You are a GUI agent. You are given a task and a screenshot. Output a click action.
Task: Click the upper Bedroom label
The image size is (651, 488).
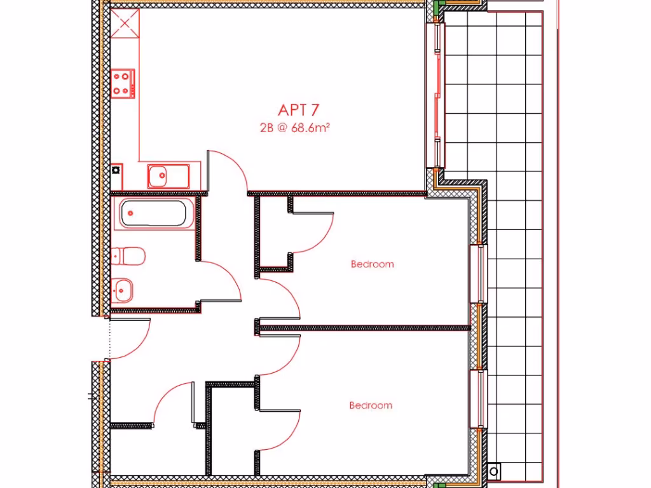click(372, 264)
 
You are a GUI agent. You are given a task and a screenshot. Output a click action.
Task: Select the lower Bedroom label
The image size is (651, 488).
click(371, 405)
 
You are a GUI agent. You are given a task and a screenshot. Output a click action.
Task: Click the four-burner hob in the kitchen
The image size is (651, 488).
click(123, 83)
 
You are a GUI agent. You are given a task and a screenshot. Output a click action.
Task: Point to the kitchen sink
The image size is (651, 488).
click(168, 175)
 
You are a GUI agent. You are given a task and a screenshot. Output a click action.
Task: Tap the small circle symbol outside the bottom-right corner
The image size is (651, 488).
click(494, 471)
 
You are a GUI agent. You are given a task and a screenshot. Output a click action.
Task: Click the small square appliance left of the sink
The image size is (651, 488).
click(116, 170)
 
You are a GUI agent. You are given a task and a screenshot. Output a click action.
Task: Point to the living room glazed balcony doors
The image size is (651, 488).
click(437, 95)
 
